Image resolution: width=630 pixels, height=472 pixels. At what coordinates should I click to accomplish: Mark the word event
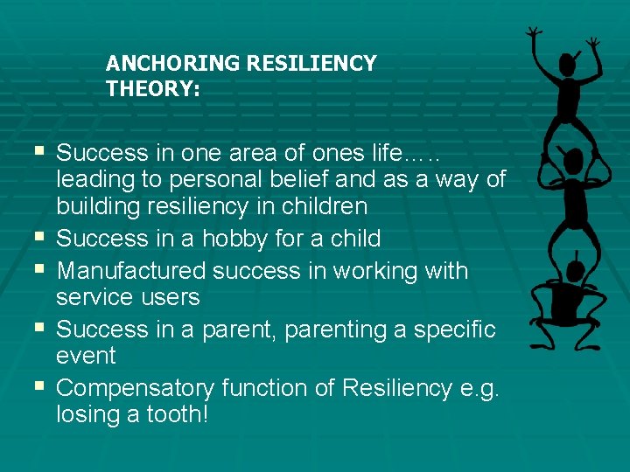tap(86, 356)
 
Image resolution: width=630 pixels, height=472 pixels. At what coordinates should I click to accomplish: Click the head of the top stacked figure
tap(570, 64)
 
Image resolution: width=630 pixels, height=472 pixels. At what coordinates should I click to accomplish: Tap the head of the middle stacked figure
tap(573, 163)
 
